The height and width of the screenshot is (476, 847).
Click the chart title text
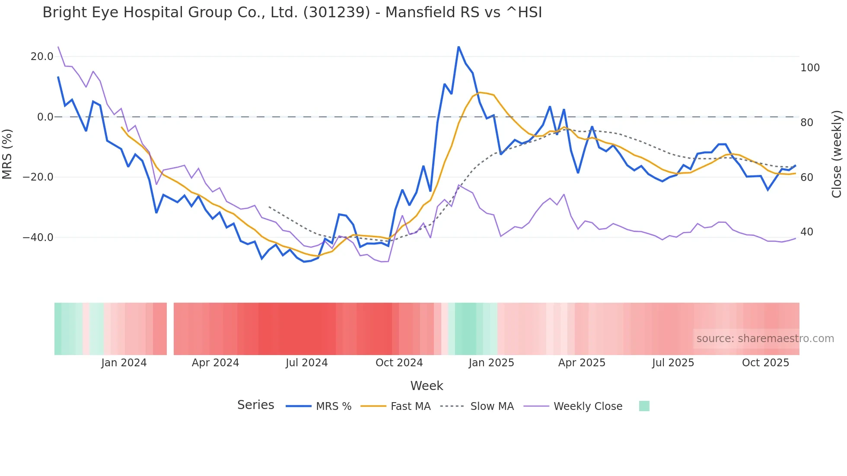292,13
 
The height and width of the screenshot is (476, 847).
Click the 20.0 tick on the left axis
42,57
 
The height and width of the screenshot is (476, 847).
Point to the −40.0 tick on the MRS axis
38,238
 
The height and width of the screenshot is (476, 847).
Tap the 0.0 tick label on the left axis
45,117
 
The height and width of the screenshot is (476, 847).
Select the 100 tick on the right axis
810,68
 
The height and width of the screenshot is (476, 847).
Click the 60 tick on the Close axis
806,178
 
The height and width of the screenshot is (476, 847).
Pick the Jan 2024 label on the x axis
124,363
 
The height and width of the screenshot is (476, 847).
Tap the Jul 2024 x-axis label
307,363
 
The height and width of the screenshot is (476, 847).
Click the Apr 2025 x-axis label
582,363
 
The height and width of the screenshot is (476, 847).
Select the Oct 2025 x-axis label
765,363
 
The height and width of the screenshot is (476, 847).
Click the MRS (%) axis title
7,154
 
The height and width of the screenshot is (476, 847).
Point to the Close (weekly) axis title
837,154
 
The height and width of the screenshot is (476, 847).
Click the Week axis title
427,386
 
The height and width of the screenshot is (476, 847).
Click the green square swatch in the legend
644,406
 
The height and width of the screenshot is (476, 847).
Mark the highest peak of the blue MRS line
459,47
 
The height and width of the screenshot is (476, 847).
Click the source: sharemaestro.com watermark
765,339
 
